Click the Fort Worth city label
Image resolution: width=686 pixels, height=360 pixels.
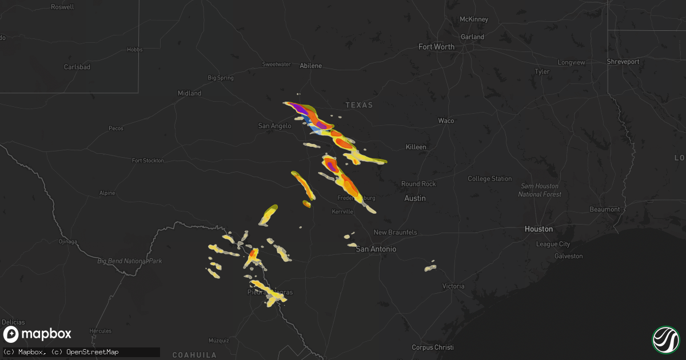coord(436,47)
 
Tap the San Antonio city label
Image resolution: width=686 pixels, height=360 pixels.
coord(376,249)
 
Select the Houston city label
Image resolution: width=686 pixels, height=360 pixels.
coord(539,229)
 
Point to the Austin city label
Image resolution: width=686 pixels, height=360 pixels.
coord(414,198)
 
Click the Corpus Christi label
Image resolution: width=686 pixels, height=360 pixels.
coord(432,347)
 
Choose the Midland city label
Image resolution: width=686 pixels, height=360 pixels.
coord(189,93)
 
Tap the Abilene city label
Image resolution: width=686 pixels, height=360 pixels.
coord(311,66)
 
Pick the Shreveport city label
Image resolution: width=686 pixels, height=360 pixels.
coord(623,62)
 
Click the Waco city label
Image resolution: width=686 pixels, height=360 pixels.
coord(446,121)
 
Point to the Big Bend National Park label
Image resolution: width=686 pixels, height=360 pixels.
coord(130,261)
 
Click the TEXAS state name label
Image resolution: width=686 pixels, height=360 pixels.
coord(359,105)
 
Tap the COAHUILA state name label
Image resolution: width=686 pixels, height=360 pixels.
coord(195,355)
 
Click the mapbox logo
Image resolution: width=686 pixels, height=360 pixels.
coord(38,334)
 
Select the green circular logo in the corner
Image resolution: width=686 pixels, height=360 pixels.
coord(665,339)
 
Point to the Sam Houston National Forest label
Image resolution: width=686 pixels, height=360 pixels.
coord(540,190)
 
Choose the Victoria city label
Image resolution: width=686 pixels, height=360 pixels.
coord(453,286)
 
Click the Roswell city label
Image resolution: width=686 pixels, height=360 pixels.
coord(62,7)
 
